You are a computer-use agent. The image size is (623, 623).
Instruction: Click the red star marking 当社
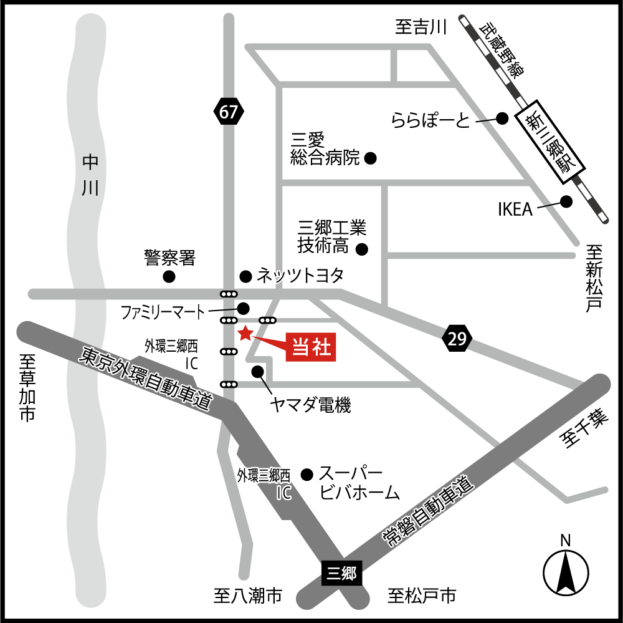(245, 334)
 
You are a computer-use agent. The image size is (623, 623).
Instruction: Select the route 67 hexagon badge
(229, 113)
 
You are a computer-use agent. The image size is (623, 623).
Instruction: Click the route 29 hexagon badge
(457, 339)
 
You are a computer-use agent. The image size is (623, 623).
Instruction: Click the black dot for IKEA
(566, 201)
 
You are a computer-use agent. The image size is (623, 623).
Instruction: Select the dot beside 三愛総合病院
(370, 158)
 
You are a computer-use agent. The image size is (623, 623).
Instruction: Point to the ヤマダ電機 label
(310, 405)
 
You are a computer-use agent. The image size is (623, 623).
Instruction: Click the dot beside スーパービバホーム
(306, 475)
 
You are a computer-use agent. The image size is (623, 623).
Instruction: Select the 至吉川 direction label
(422, 28)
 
